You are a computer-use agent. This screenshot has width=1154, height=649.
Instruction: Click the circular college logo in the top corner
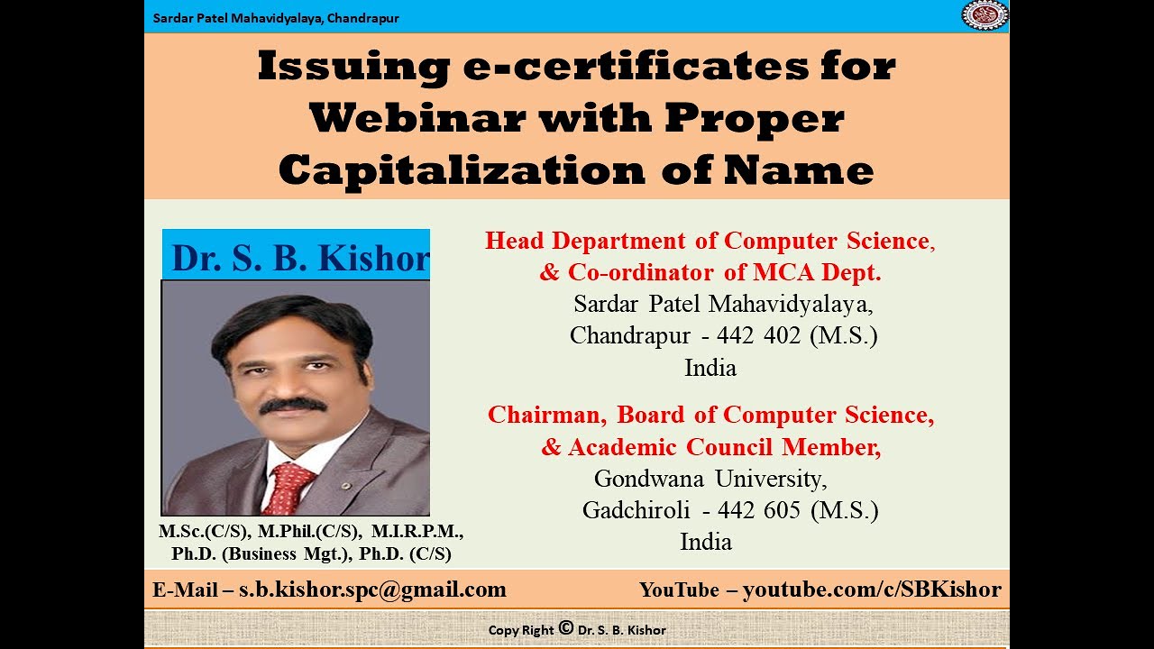(x=985, y=15)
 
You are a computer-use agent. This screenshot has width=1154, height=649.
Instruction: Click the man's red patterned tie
(x=288, y=487)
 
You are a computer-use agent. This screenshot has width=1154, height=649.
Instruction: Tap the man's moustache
(x=293, y=406)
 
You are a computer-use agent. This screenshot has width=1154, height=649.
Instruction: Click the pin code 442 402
(x=758, y=336)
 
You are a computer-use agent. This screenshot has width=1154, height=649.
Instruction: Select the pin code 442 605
(x=759, y=510)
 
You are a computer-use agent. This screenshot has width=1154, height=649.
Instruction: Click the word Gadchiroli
(x=636, y=510)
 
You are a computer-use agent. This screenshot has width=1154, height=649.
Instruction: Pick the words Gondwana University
(x=710, y=478)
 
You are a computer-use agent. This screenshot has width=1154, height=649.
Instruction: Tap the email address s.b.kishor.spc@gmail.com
(x=372, y=590)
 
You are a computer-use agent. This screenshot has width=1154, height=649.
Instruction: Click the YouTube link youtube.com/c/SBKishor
(x=872, y=590)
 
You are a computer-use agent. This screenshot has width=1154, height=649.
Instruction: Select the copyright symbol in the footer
(x=566, y=628)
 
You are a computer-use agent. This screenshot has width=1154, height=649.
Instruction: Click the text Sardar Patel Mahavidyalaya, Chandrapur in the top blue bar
(x=276, y=18)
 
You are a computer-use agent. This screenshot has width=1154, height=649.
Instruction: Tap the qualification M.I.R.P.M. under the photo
(x=417, y=533)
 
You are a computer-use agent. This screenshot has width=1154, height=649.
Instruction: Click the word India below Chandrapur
(x=710, y=368)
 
